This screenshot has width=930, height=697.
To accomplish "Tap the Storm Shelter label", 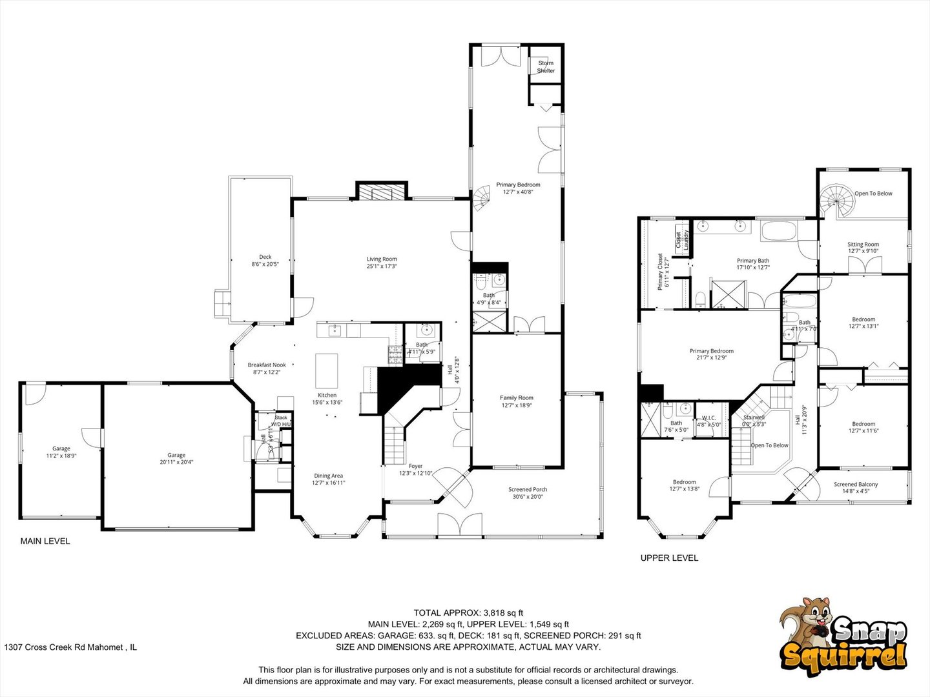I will click(546, 66).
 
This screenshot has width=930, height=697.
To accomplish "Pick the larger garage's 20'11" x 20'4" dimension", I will click(176, 462).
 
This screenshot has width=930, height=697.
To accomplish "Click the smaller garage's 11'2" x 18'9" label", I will click(61, 456).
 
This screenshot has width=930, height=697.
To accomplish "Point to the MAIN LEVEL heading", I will click(45, 541).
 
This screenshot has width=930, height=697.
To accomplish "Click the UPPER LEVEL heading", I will click(669, 558).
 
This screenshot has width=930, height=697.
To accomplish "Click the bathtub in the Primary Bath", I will click(780, 230).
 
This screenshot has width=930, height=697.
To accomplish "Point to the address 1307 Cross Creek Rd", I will click(70, 647).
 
